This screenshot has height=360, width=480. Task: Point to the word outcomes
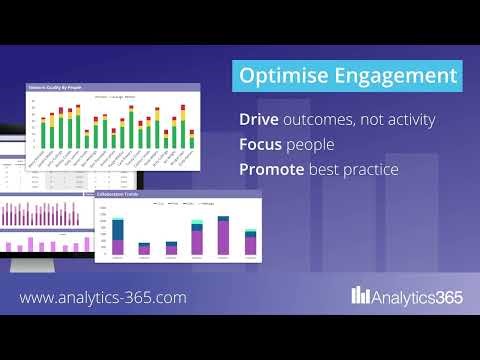point(329,120)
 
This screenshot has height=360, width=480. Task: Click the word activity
point(412,120)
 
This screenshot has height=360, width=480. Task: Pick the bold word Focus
point(263,145)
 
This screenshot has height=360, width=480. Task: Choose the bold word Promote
point(274,170)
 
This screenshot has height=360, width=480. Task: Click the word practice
point(368,170)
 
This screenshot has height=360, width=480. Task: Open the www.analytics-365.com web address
point(103,297)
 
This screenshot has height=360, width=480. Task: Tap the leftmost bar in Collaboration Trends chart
point(118,236)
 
